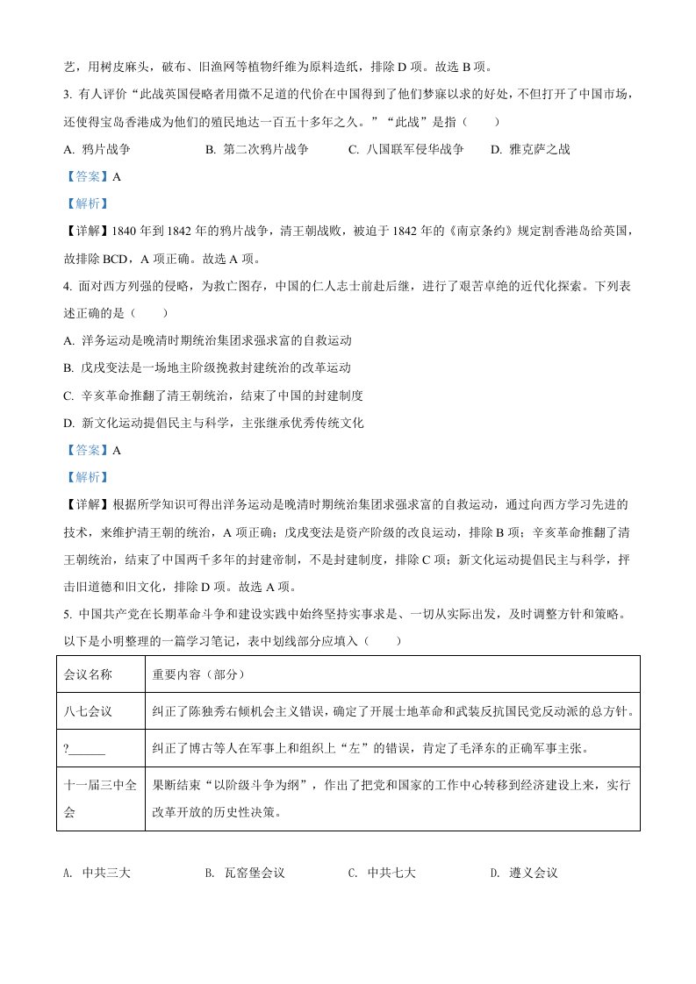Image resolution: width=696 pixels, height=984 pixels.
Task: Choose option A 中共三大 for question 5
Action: tap(97, 873)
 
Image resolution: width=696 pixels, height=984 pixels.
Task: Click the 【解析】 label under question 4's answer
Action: tap(85, 477)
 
